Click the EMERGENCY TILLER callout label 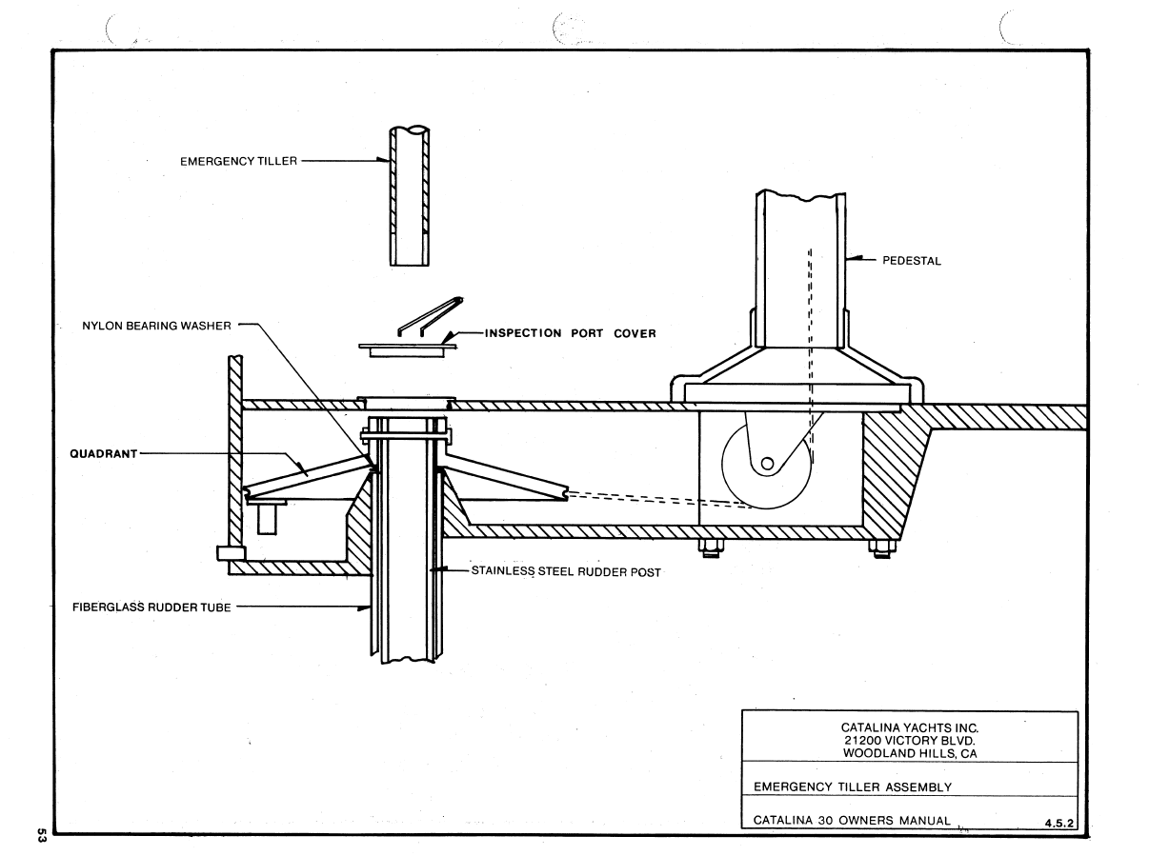click(x=239, y=161)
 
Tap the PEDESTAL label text click(x=912, y=260)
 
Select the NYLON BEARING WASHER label click(x=156, y=326)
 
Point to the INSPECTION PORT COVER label click(x=570, y=333)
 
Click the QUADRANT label click(x=104, y=453)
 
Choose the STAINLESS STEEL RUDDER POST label click(x=566, y=571)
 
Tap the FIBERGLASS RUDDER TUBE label click(x=151, y=607)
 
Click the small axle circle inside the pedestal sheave click(x=767, y=464)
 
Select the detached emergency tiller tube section click(x=410, y=195)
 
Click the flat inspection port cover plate click(x=407, y=349)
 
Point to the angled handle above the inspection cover click(x=431, y=316)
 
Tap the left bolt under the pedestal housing click(x=711, y=548)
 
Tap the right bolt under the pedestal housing click(x=882, y=548)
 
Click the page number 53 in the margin click(x=42, y=835)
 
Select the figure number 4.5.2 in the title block click(x=1058, y=823)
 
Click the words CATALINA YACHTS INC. click(x=910, y=727)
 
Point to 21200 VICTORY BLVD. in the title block click(x=910, y=741)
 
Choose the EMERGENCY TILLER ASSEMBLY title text click(x=853, y=787)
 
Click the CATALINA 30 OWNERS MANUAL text click(x=852, y=821)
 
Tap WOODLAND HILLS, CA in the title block click(x=910, y=753)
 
